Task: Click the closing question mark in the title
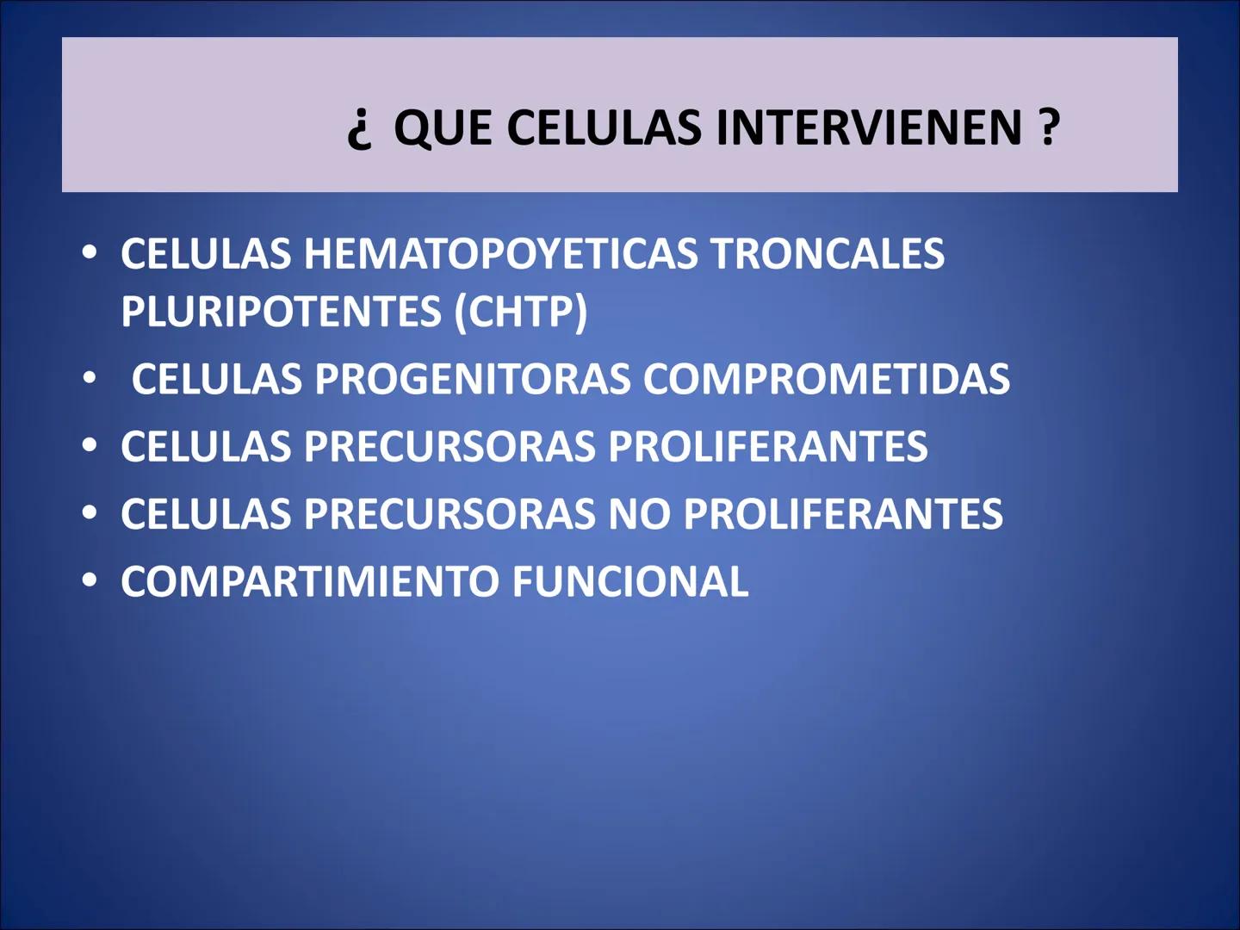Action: [x=1049, y=128]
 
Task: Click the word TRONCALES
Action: [x=828, y=255]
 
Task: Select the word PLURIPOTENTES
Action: [x=281, y=312]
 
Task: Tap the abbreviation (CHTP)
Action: [x=521, y=312]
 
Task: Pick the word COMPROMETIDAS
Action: [x=827, y=380]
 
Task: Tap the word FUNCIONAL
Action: [x=630, y=582]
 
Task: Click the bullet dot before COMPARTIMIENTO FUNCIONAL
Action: [x=90, y=580]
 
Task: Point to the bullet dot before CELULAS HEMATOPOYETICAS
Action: [x=90, y=253]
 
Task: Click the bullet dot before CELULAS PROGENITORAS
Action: [x=90, y=378]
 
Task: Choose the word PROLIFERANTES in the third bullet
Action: [x=768, y=447]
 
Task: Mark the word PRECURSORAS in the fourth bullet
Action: [x=449, y=515]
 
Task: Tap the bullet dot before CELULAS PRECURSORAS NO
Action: [x=90, y=513]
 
